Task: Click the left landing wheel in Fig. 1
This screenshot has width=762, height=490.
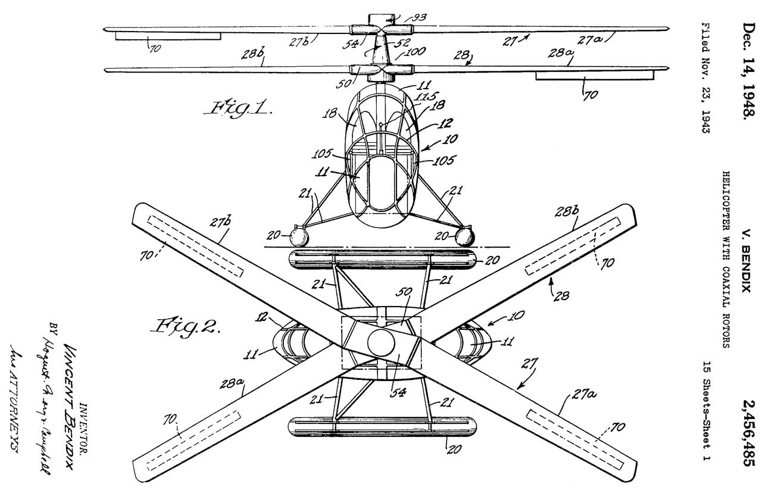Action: (298, 238)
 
